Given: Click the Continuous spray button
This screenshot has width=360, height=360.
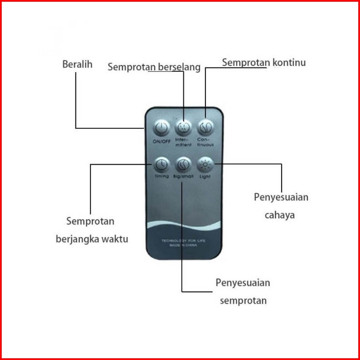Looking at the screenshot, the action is tap(205, 128).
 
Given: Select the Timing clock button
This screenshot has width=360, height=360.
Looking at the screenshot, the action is tap(161, 163).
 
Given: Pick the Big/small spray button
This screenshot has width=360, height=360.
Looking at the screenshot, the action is tap(183, 164).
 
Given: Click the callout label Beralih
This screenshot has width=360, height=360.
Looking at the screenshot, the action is tap(77, 64).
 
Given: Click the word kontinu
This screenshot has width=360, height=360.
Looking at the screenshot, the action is tap(290, 63).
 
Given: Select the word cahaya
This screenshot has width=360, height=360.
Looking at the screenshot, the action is tap(280, 215).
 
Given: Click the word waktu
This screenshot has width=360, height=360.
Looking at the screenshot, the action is tap(114, 240).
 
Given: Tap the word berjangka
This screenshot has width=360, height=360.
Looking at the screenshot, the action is tap(76, 240).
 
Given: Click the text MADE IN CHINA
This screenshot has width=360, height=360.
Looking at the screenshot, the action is tap(183, 245).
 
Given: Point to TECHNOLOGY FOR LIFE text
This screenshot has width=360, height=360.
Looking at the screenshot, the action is tap(183, 241).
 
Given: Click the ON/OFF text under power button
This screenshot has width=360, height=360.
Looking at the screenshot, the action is tap(161, 141).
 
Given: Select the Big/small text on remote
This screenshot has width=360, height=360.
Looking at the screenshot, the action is tap(183, 177).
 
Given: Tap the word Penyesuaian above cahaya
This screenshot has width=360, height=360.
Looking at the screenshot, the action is tap(281, 197).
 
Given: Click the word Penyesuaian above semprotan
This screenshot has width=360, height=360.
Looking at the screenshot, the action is tap(243, 282).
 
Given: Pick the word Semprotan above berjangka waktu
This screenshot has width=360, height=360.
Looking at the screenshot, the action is tap(90, 221).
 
